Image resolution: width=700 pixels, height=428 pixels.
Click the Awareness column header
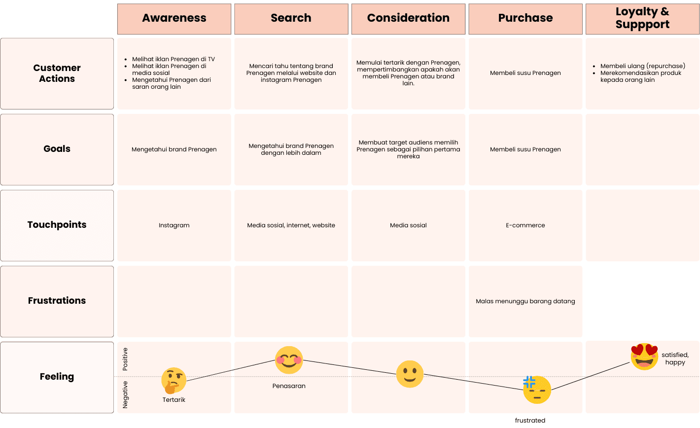[x=174, y=18]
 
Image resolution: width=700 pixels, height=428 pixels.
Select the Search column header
[x=291, y=18]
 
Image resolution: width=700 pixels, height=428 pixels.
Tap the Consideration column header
[x=408, y=18]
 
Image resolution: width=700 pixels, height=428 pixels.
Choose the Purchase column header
[x=525, y=18]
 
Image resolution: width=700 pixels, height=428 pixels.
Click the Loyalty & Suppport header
[x=642, y=18]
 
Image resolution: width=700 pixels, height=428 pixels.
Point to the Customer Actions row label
[x=57, y=73]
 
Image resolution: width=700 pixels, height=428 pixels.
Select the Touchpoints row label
[x=57, y=225]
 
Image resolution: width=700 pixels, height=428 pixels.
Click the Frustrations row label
[x=57, y=301]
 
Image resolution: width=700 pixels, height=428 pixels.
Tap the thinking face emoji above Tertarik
[x=174, y=380]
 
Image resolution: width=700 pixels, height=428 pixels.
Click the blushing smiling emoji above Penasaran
[x=289, y=360]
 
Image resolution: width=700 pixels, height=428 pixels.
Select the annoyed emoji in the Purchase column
[x=537, y=390]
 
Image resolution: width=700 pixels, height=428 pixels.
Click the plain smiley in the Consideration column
[x=410, y=374]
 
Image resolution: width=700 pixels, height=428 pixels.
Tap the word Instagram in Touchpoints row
[x=174, y=225]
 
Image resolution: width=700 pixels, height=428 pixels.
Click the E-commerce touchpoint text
[x=525, y=225]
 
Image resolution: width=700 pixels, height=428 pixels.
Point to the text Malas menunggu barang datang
[x=525, y=301]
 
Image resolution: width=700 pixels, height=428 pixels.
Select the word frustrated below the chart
[x=530, y=421]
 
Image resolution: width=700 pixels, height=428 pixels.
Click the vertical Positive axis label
[x=125, y=359]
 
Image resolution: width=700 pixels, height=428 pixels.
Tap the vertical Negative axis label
[x=125, y=394]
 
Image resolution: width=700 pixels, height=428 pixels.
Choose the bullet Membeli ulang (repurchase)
[x=642, y=66]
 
